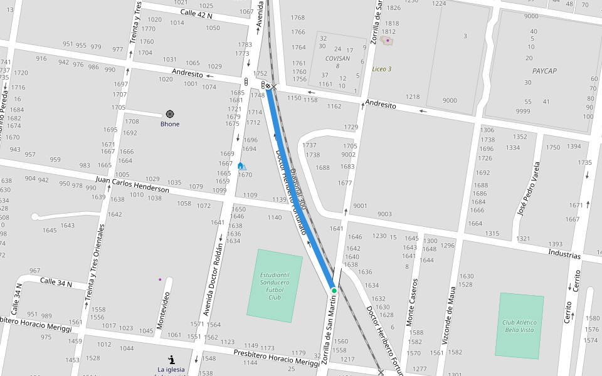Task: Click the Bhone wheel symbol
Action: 169,114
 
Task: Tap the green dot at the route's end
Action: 334,290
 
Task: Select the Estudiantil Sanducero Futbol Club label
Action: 275,286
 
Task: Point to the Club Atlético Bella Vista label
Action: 519,326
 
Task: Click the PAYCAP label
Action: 544,71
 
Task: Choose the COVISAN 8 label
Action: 337,61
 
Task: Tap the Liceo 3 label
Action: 381,69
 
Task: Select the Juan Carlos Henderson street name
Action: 132,184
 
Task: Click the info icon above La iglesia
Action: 171,359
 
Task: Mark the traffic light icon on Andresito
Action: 246,82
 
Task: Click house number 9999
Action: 523,111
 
